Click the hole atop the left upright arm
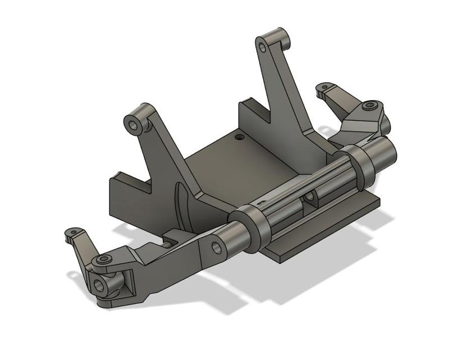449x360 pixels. pos(134,123)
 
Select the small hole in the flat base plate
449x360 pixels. pos(240,136)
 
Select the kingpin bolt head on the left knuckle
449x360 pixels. pos(103,261)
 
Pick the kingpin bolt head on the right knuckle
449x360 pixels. pos(369,106)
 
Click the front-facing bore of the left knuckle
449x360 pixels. pos(100,285)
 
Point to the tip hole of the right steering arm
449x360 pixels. pos(323,88)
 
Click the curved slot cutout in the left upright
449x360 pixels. pos(180,205)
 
